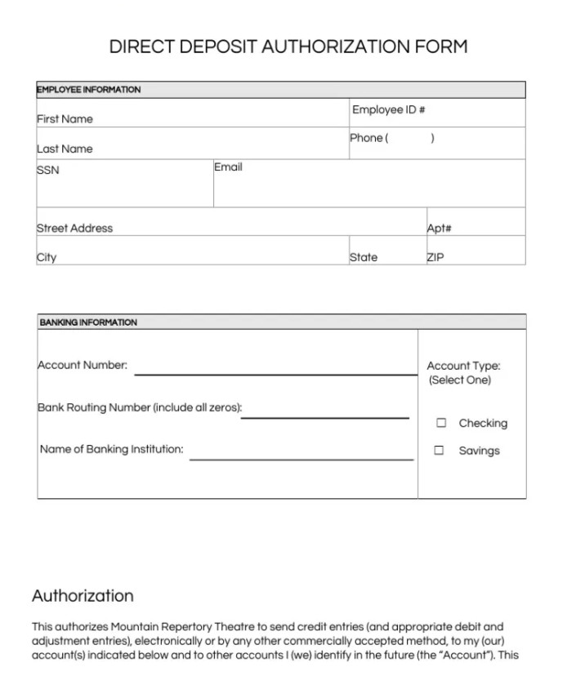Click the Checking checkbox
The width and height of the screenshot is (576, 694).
tap(441, 423)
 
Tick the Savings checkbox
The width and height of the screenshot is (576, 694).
tap(440, 450)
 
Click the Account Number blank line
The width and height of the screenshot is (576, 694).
tap(275, 373)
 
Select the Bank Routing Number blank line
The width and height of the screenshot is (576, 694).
tap(324, 416)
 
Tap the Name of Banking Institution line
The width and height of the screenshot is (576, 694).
tap(301, 458)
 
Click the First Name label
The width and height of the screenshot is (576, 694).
tap(65, 119)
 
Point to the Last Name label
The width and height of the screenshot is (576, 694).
tap(65, 149)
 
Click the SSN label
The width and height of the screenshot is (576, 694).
tap(47, 171)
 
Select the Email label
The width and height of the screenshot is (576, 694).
tap(228, 167)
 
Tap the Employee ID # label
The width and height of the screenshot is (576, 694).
tap(388, 110)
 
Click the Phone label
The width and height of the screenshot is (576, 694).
tap(367, 138)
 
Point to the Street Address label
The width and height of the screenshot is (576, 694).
tap(74, 229)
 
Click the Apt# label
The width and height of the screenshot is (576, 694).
tap(439, 229)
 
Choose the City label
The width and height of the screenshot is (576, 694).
tap(47, 258)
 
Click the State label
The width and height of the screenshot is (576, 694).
tap(364, 258)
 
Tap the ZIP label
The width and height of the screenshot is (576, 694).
tap(435, 258)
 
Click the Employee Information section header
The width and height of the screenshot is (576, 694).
tap(89, 90)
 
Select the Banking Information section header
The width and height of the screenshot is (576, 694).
tap(88, 323)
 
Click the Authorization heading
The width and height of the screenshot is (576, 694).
tap(83, 596)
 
